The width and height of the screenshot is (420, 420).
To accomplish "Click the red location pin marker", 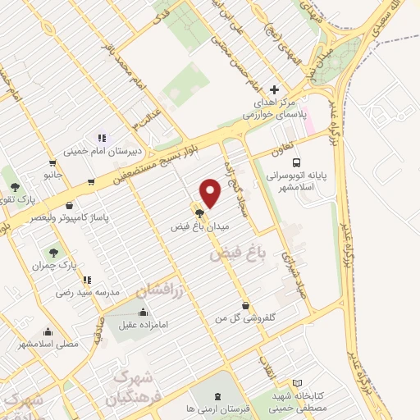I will point(211,193).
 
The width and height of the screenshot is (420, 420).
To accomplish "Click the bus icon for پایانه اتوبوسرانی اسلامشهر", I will point(296,162).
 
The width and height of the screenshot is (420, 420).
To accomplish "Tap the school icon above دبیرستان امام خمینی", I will point(101,138).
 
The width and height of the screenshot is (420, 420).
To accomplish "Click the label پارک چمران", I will point(54,266).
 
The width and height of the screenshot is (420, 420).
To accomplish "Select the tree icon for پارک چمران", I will point(54,253).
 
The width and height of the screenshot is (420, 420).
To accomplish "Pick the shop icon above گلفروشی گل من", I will point(245,304).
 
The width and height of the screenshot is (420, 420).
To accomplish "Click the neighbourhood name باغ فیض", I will point(228,256).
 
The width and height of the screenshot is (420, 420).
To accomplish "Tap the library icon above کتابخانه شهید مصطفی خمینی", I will point(297,383).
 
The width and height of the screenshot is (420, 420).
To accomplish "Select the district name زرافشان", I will point(159,285).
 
